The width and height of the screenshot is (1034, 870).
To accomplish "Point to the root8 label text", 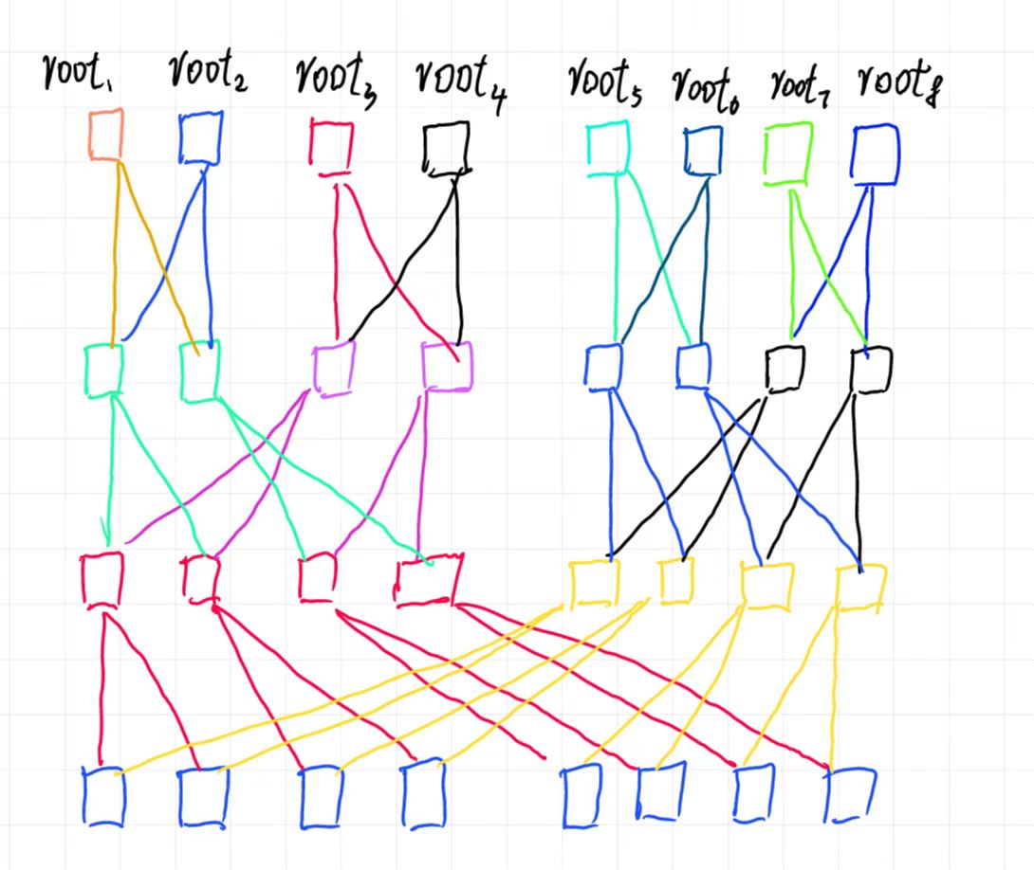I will (x=896, y=83).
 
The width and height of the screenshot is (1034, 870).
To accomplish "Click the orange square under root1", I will (x=105, y=135).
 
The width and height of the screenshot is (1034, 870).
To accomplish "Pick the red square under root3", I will (x=331, y=148).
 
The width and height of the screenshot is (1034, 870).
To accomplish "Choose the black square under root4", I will (x=446, y=149).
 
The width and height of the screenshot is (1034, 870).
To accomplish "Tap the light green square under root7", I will (x=787, y=152).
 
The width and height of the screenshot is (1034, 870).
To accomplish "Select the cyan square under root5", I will (x=608, y=150).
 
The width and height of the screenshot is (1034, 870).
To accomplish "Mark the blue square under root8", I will (x=875, y=154).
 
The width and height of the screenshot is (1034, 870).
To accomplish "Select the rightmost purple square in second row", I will (x=446, y=367).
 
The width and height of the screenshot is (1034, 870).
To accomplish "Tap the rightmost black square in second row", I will (x=871, y=369).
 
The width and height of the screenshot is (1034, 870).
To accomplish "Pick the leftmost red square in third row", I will (x=102, y=578).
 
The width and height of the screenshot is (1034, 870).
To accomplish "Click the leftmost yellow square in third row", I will (x=594, y=582).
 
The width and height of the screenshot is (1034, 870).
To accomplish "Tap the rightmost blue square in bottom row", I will (x=850, y=794).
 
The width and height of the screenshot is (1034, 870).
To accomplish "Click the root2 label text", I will (x=209, y=75).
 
